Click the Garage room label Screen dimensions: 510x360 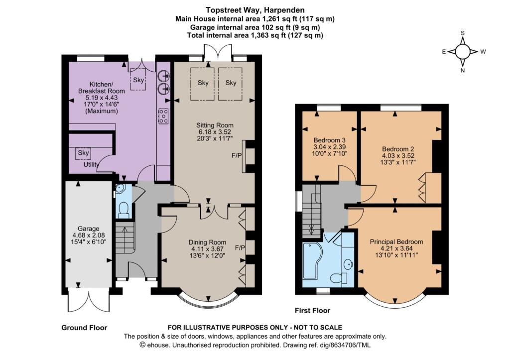pyautogui.click(x=89, y=229)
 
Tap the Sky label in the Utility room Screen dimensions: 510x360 pyautogui.click(x=83, y=152)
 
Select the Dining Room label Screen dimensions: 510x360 pyautogui.click(x=208, y=242)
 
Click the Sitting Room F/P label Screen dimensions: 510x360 pyautogui.click(x=237, y=156)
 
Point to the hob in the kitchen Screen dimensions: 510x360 pyautogui.click(x=163, y=116)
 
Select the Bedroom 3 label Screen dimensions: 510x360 pyautogui.click(x=330, y=140)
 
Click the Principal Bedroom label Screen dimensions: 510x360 pyautogui.click(x=396, y=241)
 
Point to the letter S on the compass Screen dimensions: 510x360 pyautogui.click(x=463, y=33)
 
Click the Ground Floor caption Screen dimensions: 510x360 pyautogui.click(x=84, y=328)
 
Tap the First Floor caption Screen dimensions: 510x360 pyautogui.click(x=313, y=311)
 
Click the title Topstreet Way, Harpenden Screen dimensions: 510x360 pyautogui.click(x=255, y=10)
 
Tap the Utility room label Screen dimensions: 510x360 pyautogui.click(x=91, y=164)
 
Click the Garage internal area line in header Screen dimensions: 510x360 pyautogui.click(x=255, y=27)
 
